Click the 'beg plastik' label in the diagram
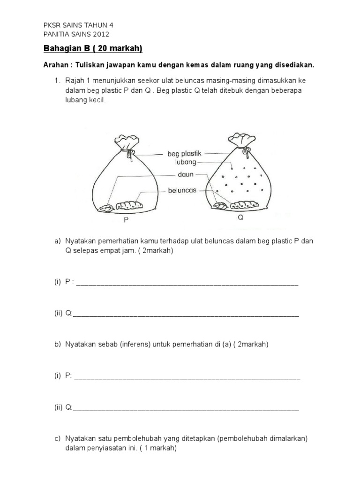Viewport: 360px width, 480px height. tap(185, 153)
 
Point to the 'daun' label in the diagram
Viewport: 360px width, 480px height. tap(186, 174)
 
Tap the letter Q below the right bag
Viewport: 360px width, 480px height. tap(240, 218)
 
